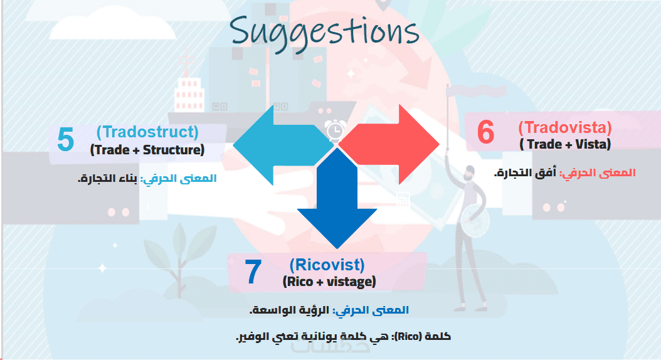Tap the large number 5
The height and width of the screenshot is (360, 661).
click(66, 139)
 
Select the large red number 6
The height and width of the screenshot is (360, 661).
click(485, 132)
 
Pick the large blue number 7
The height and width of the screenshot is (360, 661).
click(253, 272)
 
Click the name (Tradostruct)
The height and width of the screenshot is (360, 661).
click(147, 132)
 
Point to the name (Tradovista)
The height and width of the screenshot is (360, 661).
click(565, 127)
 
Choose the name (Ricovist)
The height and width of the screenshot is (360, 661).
click(327, 265)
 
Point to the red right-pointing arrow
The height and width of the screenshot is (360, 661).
click(389, 145)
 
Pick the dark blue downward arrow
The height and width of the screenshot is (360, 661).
click(337, 198)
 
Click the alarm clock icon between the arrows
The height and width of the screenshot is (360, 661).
click(335, 130)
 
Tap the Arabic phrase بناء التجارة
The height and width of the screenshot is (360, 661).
click(107, 178)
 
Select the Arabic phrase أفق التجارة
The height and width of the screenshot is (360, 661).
click(526, 172)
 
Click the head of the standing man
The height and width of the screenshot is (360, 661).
click(468, 172)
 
